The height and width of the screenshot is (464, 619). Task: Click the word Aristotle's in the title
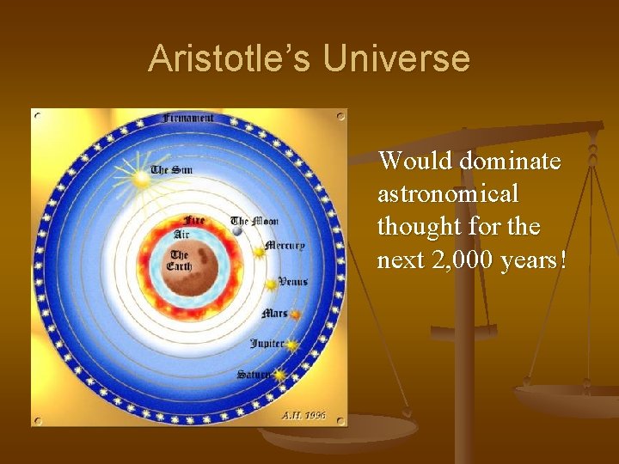coord(230,59)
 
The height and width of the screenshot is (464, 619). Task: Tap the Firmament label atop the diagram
coord(189,118)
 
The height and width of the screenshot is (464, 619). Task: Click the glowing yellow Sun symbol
coord(140,179)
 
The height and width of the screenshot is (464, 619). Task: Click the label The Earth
coord(179,260)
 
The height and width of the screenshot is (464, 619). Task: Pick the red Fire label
coord(195,221)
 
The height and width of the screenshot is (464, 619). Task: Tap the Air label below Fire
coord(182,234)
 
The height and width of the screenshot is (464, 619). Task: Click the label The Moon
coord(254,221)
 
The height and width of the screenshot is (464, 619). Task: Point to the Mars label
coord(274,314)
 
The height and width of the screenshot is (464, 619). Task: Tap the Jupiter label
coord(267,344)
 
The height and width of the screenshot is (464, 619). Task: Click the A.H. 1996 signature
coord(303,415)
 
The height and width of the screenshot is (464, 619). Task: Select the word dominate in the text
coord(510,161)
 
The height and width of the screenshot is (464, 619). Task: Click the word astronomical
coord(448,194)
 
